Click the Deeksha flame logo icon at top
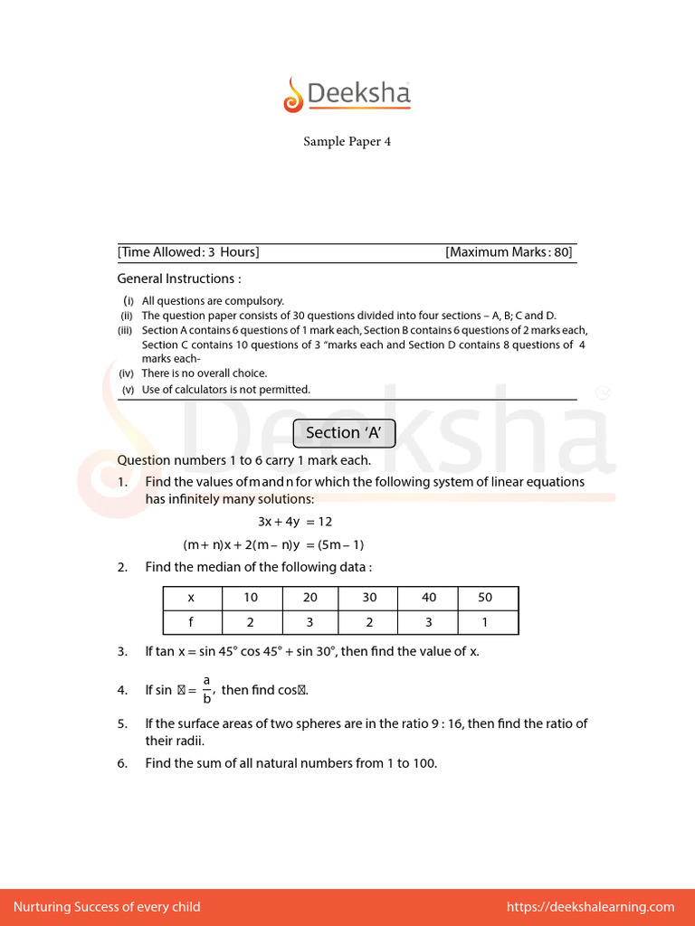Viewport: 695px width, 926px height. [293, 95]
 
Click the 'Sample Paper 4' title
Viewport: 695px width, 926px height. [347, 142]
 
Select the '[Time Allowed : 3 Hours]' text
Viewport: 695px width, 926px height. [188, 252]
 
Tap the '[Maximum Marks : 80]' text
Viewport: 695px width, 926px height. [509, 252]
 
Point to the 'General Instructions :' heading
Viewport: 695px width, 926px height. [179, 279]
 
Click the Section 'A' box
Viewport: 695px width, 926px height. [345, 433]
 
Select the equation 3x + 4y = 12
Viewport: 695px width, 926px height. [295, 522]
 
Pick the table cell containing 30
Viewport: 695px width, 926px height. [369, 598]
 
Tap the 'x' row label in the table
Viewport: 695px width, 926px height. [191, 598]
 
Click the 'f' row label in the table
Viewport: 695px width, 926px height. [191, 622]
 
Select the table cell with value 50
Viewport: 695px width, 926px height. [485, 598]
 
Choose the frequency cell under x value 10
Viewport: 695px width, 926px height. [251, 622]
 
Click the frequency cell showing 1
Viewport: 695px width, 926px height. [485, 622]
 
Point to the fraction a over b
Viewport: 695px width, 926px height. [206, 690]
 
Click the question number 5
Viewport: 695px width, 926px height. [122, 723]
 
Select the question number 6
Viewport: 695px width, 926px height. [122, 763]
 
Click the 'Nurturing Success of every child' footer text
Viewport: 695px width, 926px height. [107, 907]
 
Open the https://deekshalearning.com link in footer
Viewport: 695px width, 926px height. [590, 907]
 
